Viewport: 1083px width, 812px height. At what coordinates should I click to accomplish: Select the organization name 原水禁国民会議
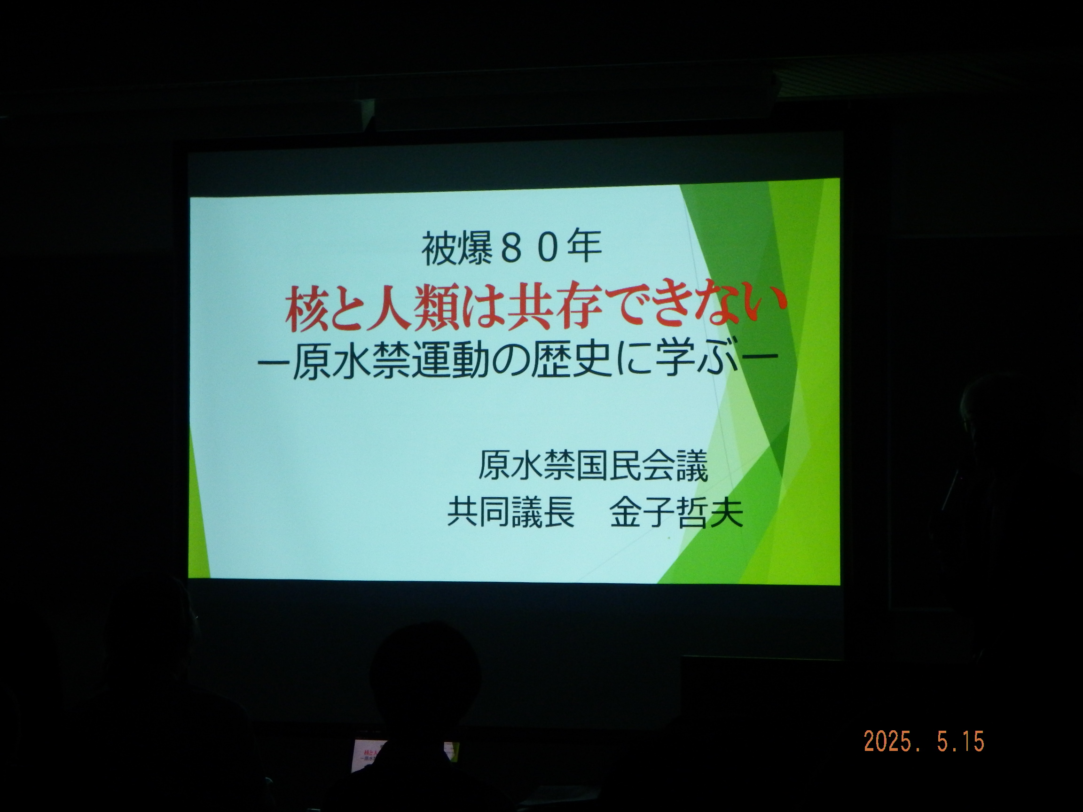pos(592,466)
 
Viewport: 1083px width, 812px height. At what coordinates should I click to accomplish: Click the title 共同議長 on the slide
pos(510,512)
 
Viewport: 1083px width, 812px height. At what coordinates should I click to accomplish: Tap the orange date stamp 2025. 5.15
pos(924,742)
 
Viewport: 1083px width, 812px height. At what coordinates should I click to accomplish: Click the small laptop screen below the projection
pos(404,756)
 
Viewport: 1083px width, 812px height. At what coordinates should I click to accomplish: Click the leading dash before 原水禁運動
pos(274,364)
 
